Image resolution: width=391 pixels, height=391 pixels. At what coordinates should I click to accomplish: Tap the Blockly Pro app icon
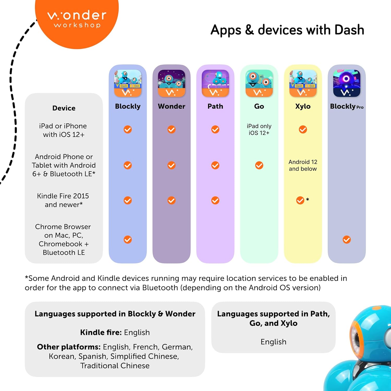[347, 83]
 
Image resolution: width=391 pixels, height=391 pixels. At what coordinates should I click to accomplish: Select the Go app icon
[259, 83]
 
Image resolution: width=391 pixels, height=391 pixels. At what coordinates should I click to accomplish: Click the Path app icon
[215, 83]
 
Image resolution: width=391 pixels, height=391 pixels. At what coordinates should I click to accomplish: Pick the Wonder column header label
[172, 106]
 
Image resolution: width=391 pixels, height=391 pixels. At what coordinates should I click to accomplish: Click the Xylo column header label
[303, 106]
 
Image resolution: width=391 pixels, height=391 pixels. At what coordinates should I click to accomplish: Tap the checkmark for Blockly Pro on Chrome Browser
[347, 240]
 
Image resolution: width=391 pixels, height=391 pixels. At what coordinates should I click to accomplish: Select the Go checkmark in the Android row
[259, 165]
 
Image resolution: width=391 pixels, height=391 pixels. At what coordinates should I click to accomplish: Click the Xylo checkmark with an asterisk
[300, 200]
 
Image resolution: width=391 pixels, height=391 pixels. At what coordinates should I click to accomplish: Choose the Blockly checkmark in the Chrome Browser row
[128, 240]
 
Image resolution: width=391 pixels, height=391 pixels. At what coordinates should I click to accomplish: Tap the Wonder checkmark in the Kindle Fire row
[172, 200]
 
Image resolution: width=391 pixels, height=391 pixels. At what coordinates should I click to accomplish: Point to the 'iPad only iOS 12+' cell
[259, 130]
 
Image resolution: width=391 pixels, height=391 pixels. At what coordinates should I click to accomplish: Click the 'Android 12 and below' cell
[303, 165]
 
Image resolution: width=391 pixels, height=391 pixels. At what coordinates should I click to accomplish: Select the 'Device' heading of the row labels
[64, 108]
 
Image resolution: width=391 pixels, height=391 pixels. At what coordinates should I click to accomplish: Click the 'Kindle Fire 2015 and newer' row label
[63, 200]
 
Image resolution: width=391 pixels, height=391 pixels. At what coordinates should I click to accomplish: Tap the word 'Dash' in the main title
[349, 30]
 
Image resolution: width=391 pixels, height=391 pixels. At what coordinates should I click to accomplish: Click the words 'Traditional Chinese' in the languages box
[115, 366]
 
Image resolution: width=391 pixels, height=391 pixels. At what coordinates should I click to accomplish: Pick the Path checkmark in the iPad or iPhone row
[215, 130]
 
